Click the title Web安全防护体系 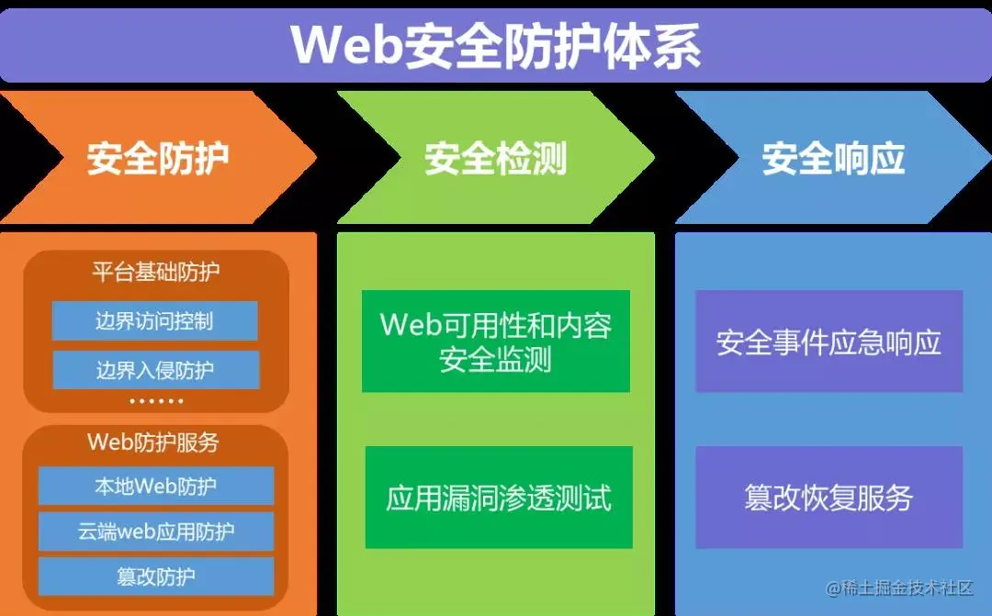pyautogui.click(x=496, y=44)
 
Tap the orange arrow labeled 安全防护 pyautogui.click(x=158, y=158)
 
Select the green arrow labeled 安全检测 pyautogui.click(x=496, y=158)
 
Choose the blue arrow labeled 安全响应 pyautogui.click(x=833, y=158)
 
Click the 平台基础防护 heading pyautogui.click(x=156, y=272)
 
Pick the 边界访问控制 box pyautogui.click(x=154, y=320)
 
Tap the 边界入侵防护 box pyautogui.click(x=154, y=370)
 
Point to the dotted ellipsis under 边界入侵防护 pyautogui.click(x=156, y=401)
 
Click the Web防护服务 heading pyautogui.click(x=153, y=442)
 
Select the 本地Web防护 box pyautogui.click(x=156, y=486)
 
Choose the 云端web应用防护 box pyautogui.click(x=156, y=531)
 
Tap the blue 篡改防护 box pyautogui.click(x=156, y=577)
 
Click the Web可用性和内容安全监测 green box pyautogui.click(x=496, y=342)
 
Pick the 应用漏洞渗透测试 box pyautogui.click(x=499, y=498)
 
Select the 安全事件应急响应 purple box pyautogui.click(x=829, y=342)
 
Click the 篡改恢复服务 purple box pyautogui.click(x=829, y=498)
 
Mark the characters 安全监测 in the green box pyautogui.click(x=496, y=359)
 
